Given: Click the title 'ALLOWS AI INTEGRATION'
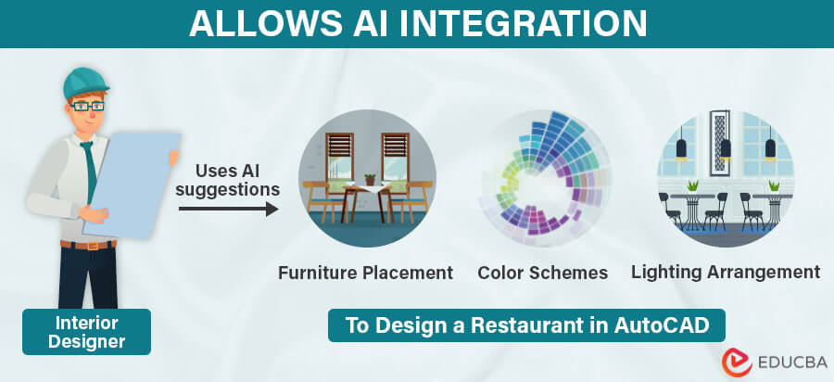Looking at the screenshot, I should point(416,23).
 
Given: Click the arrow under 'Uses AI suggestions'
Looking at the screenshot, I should point(228,210).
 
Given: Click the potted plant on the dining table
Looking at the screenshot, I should point(370,179).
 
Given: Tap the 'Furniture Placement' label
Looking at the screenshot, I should point(366,273).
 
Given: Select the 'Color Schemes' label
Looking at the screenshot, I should point(542,273).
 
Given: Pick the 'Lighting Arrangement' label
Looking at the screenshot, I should point(726,272).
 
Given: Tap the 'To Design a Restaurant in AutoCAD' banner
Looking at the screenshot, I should point(526,325).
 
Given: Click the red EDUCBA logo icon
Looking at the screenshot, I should point(729,362).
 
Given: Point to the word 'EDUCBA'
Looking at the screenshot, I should point(780,363).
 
